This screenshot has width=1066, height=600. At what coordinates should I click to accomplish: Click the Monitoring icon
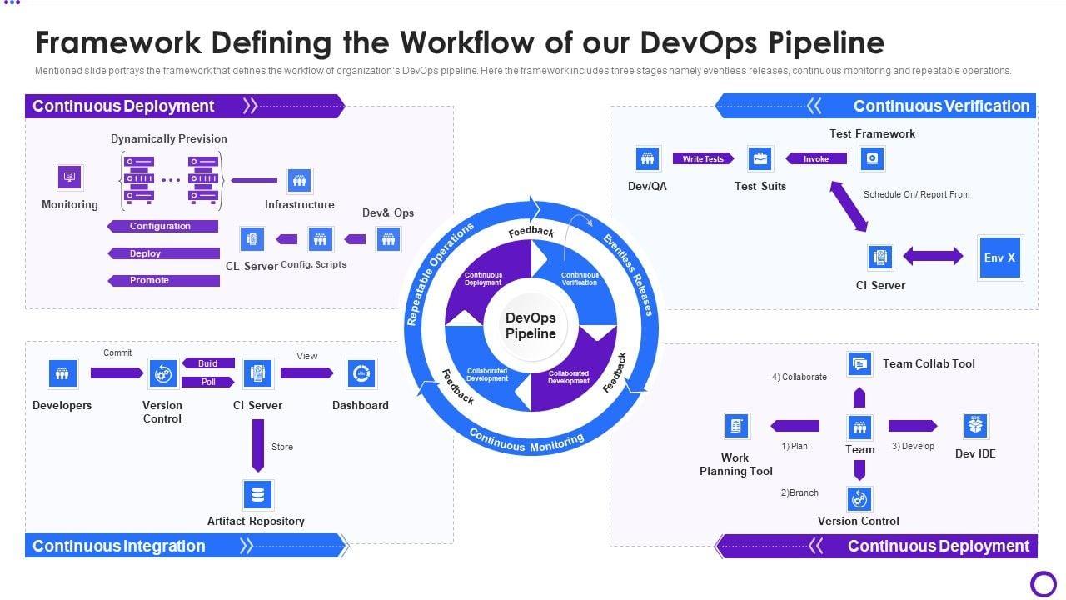69,177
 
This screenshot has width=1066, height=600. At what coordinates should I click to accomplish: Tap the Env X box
999,257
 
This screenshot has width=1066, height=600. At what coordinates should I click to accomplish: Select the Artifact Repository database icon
257,494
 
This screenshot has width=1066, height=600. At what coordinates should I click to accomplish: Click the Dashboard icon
361,373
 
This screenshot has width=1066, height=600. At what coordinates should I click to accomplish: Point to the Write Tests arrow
703,158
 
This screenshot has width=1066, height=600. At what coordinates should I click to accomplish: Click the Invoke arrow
816,158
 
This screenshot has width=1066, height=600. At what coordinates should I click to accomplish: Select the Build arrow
207,363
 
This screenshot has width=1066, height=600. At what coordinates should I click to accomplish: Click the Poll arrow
207,382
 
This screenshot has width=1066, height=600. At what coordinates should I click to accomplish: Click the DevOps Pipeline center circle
531,326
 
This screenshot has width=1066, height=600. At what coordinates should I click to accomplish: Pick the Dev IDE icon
975,426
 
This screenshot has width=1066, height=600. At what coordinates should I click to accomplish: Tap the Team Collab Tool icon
859,363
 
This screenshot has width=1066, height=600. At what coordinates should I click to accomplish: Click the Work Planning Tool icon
736,426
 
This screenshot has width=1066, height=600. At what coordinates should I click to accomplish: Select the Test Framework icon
872,158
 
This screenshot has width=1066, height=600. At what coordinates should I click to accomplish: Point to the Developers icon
62,373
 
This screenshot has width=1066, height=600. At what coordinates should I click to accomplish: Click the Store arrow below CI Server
258,445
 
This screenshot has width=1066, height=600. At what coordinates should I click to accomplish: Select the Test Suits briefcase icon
760,158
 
